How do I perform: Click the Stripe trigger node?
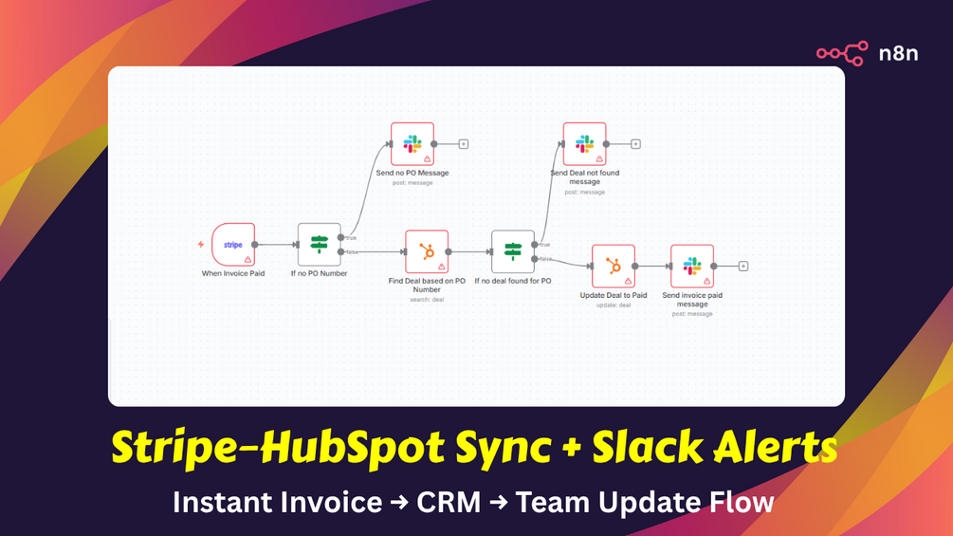(x=233, y=245)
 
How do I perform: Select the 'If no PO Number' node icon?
(x=319, y=245)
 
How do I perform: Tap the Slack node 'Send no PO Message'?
(x=412, y=144)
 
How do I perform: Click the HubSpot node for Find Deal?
(x=427, y=251)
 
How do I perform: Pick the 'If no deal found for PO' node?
(x=513, y=251)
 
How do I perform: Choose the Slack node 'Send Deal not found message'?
(x=584, y=144)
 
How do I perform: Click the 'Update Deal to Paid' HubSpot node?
(x=614, y=267)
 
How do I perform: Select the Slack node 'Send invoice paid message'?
(x=692, y=267)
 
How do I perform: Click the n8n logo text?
(x=897, y=53)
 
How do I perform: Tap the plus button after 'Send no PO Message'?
(x=464, y=144)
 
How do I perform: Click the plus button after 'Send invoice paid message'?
(x=743, y=267)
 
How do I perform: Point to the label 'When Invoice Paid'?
(x=233, y=273)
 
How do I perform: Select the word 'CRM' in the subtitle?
(x=449, y=501)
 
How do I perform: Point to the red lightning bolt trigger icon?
(x=201, y=245)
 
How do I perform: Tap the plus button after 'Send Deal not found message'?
(x=635, y=144)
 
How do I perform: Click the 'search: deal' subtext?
(x=426, y=300)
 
